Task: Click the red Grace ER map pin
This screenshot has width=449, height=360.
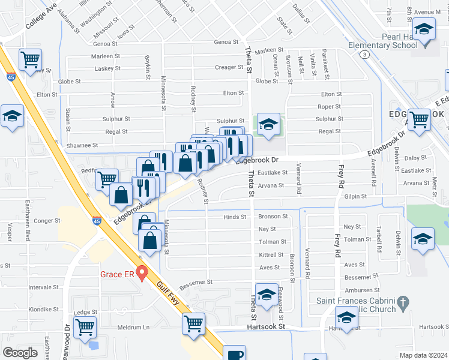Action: click(142, 273)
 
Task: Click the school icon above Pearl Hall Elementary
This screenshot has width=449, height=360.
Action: click(424, 29)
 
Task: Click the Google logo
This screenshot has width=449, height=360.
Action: click(20, 353)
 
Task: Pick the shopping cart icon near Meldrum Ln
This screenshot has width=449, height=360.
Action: click(85, 328)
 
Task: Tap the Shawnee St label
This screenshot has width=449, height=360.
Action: click(83, 145)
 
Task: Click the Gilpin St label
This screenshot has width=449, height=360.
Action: click(355, 196)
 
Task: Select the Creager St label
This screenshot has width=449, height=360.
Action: click(229, 67)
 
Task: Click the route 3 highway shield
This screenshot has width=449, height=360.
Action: click(364, 55)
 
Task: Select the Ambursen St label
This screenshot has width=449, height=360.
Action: click(360, 289)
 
